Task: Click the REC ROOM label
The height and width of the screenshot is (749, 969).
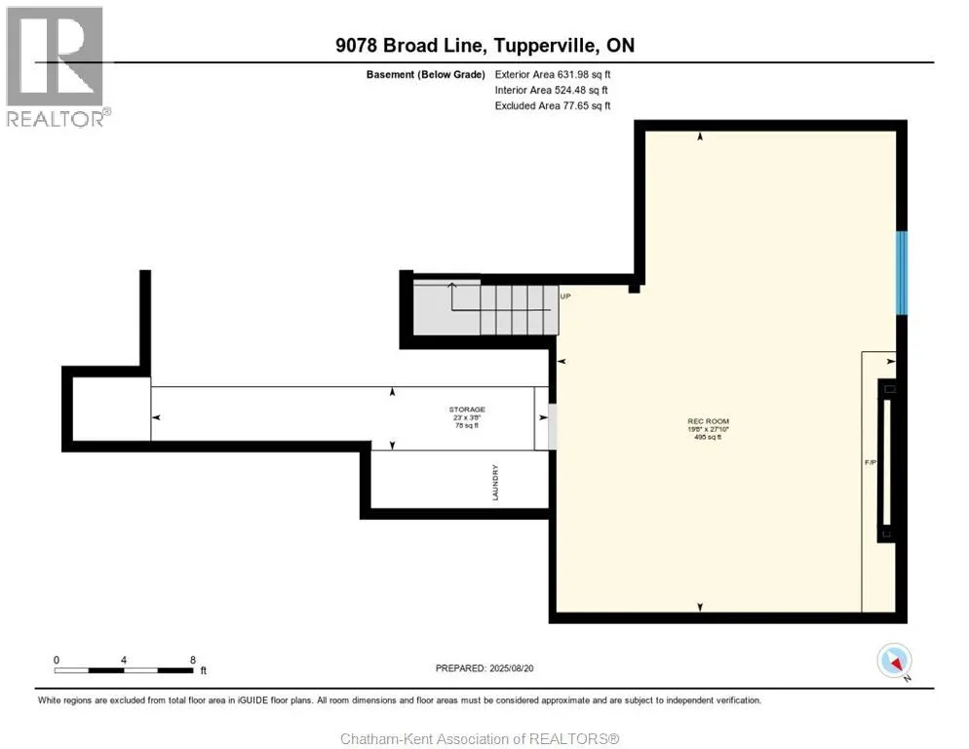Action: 708,421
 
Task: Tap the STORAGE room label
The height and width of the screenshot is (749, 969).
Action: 467,410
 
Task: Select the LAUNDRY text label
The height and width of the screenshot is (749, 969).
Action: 495,483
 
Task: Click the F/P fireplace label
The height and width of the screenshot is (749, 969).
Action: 874,462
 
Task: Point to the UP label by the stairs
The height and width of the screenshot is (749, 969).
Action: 564,296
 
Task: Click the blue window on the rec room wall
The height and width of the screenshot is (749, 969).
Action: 902,273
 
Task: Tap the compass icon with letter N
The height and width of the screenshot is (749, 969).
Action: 894,661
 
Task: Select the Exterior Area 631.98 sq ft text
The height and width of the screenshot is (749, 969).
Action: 553,74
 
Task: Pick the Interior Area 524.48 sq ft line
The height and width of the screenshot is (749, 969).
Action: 552,90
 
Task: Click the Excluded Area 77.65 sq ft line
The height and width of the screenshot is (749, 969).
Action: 552,105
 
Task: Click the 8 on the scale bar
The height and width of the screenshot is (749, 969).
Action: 192,659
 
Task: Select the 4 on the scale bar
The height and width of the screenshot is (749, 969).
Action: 124,659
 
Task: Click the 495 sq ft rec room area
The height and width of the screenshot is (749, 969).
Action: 708,438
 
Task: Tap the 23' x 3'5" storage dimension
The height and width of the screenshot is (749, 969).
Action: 467,417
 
